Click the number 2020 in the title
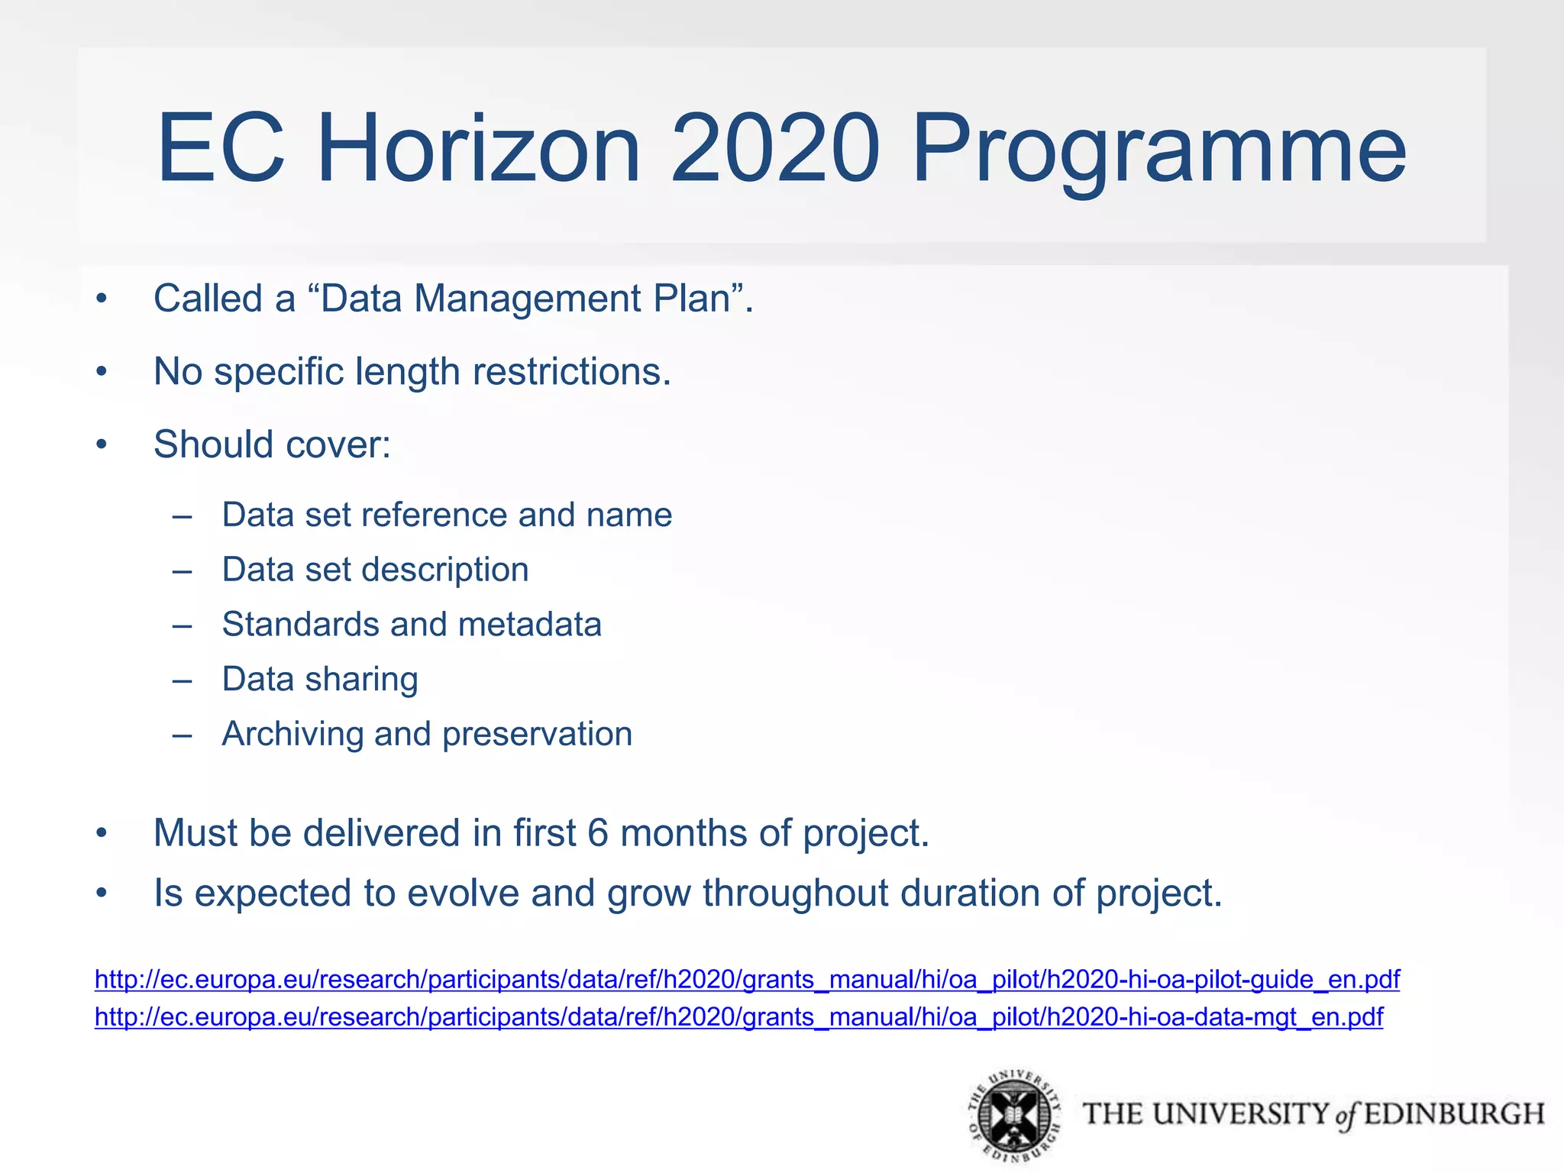pyautogui.click(x=774, y=148)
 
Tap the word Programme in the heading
pyautogui.click(x=1158, y=153)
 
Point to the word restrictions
pyautogui.click(x=571, y=372)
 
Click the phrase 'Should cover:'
pyautogui.click(x=272, y=444)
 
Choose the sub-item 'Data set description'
pyautogui.click(x=375, y=570)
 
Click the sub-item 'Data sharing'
pyautogui.click(x=320, y=680)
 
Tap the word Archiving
pyautogui.click(x=292, y=735)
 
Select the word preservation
pyautogui.click(x=537, y=735)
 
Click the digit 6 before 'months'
pyautogui.click(x=598, y=833)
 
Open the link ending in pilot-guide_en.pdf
pyautogui.click(x=747, y=979)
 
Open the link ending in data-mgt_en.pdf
pyautogui.click(x=738, y=1017)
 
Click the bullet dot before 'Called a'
pyautogui.click(x=102, y=299)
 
